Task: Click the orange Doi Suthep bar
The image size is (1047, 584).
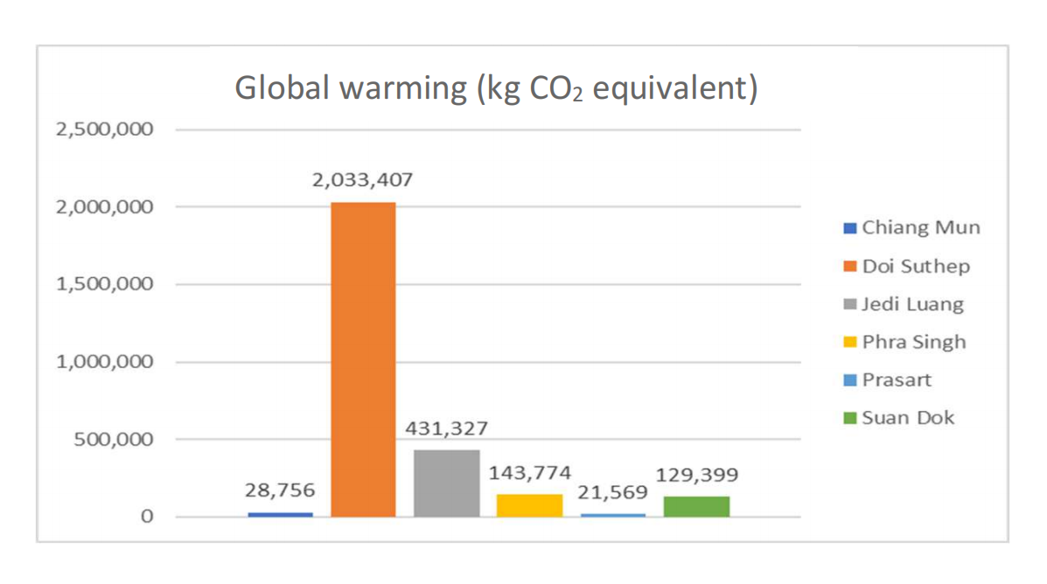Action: [362, 358]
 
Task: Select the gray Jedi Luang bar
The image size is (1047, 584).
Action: [446, 483]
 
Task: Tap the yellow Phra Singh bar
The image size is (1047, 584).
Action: [529, 505]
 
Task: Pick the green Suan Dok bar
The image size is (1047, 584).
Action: [696, 506]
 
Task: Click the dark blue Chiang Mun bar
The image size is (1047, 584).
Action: [280, 514]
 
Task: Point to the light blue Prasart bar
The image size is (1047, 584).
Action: [612, 515]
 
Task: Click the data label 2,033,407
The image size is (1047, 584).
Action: [362, 181]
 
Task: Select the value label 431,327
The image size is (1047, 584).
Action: [446, 428]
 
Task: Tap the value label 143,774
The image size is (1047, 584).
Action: [529, 473]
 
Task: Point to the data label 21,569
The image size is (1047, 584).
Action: [612, 493]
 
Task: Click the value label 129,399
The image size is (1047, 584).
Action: [696, 475]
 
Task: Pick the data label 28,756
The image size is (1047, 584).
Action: [280, 491]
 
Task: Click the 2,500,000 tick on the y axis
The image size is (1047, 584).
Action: [104, 129]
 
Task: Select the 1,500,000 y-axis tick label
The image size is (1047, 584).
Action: [104, 284]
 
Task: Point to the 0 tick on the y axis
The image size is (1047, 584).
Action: [147, 517]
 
